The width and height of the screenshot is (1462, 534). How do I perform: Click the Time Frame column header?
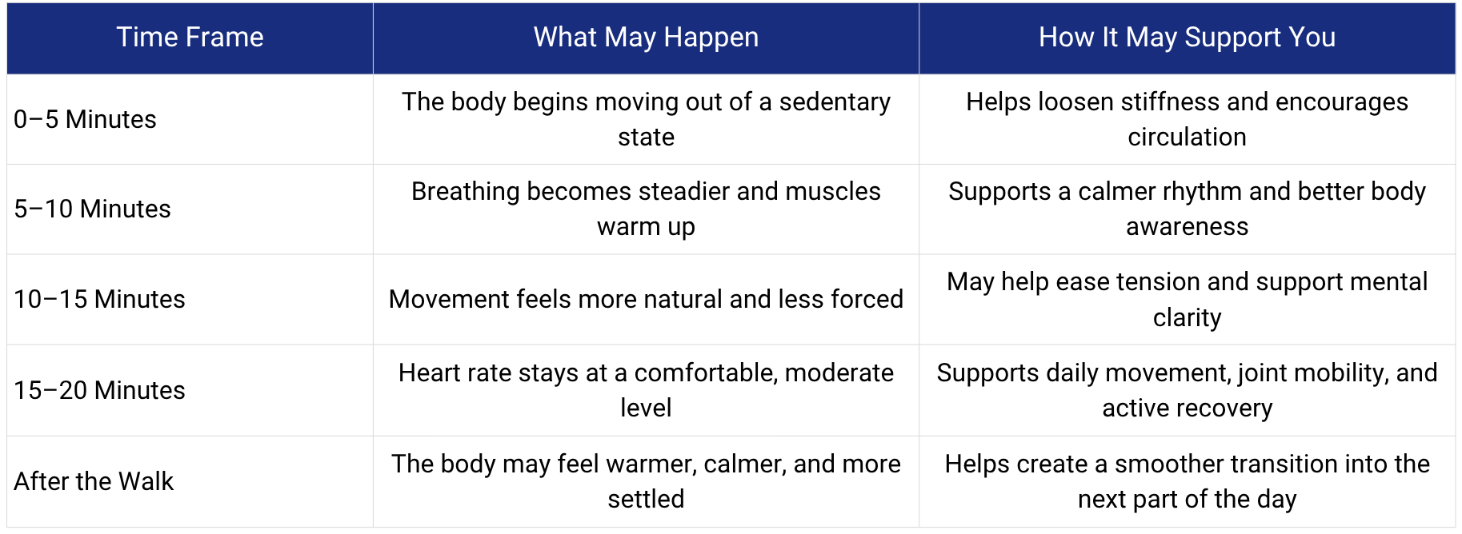[x=190, y=38]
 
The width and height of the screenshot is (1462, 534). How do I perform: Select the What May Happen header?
[x=646, y=38]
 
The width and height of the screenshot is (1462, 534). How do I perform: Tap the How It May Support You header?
[x=1187, y=38]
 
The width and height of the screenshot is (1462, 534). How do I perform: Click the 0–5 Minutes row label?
[x=85, y=119]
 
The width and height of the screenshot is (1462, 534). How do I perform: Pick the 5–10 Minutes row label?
[x=92, y=209]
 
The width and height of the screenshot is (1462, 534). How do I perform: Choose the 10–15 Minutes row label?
[x=99, y=299]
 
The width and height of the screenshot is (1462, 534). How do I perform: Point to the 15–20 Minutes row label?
[x=99, y=390]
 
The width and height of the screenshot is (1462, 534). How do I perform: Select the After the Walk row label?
[x=94, y=481]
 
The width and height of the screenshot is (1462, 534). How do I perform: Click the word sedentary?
[x=835, y=102]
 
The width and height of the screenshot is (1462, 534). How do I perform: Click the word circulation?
[x=1187, y=137]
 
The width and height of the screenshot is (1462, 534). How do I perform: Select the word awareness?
[x=1187, y=227]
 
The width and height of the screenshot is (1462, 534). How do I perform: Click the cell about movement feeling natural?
[x=646, y=299]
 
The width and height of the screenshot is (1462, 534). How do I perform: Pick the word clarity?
[x=1187, y=318]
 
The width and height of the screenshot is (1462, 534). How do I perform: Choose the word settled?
[x=646, y=499]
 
